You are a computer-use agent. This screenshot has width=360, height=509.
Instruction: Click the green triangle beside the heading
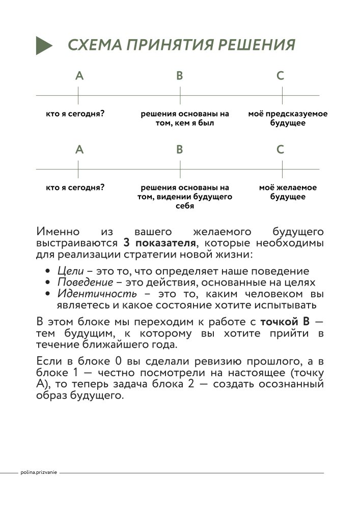pyautogui.click(x=44, y=45)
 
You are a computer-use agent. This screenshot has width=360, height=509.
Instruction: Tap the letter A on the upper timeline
pyautogui.click(x=79, y=76)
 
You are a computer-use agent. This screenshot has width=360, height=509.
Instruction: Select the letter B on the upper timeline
pyautogui.click(x=180, y=76)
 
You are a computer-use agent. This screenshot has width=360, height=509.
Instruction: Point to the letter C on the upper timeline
pyautogui.click(x=281, y=76)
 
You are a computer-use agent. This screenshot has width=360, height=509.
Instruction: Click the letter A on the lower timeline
pyautogui.click(x=79, y=150)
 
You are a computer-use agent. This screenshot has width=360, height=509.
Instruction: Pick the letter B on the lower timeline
pyautogui.click(x=180, y=150)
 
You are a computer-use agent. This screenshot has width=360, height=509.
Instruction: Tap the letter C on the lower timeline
pyautogui.click(x=281, y=150)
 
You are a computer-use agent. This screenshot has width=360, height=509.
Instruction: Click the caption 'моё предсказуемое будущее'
pyautogui.click(x=288, y=118)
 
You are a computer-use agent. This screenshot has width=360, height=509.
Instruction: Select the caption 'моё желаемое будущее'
pyautogui.click(x=288, y=192)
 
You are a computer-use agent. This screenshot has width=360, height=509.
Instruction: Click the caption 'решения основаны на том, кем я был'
pyautogui.click(x=185, y=118)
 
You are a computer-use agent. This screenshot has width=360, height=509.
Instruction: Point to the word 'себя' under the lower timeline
pyautogui.click(x=185, y=206)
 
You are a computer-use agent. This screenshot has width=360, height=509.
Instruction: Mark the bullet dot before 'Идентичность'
pyautogui.click(x=47, y=294)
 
